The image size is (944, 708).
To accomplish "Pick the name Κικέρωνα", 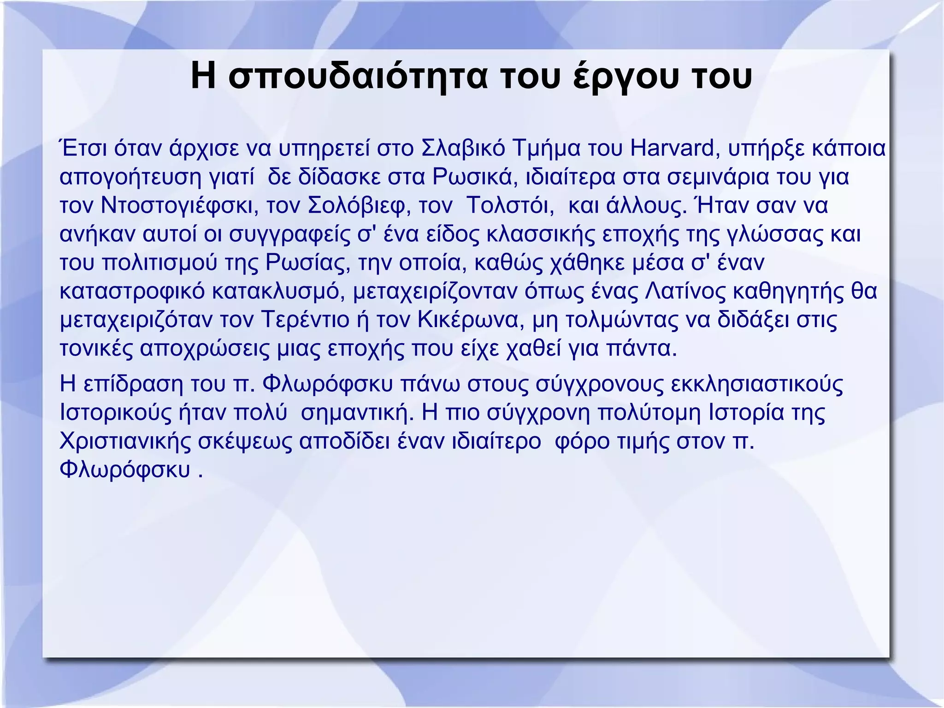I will [x=471, y=320].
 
